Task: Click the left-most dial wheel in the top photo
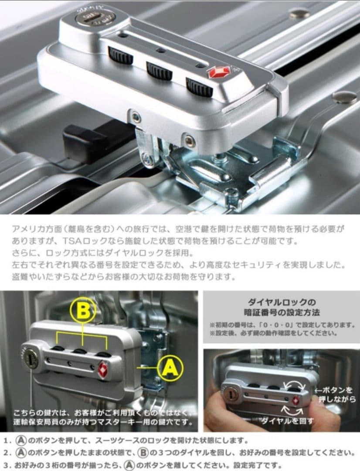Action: coord(120,55)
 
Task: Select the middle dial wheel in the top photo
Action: coord(159,70)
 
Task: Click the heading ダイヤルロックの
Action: coord(281,302)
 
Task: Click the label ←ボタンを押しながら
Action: coord(335,394)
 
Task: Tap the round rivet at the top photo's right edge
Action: coord(344,97)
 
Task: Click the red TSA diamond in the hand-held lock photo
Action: coord(296,400)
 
